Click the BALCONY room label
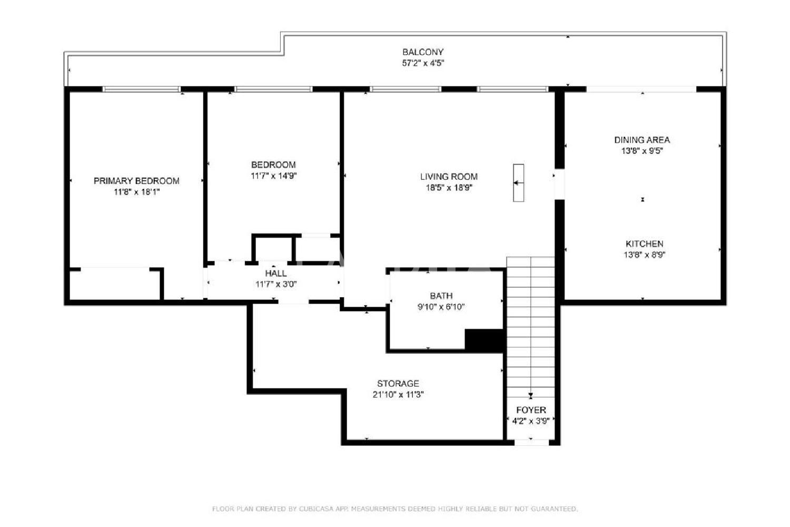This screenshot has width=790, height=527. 423,52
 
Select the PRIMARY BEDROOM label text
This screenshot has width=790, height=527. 136,181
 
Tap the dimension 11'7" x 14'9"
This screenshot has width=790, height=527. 274,176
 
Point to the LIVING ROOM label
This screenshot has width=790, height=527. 449,177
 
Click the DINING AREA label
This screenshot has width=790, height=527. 642,140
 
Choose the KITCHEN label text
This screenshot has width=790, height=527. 644,243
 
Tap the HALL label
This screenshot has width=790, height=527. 276,273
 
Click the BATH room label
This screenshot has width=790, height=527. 441,296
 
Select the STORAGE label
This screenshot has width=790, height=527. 398,383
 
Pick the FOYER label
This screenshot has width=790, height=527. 531,410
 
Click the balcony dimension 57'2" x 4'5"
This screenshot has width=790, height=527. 423,63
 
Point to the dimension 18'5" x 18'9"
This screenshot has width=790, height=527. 449,188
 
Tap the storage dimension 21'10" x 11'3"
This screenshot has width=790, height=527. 398,395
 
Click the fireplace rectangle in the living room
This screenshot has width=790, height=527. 518,183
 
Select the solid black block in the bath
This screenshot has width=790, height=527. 485,340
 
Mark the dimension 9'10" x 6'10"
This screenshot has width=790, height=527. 441,307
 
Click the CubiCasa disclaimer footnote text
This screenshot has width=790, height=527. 394,509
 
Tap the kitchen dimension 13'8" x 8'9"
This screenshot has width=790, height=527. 644,255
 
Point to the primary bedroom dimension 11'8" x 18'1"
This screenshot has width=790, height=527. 136,192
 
